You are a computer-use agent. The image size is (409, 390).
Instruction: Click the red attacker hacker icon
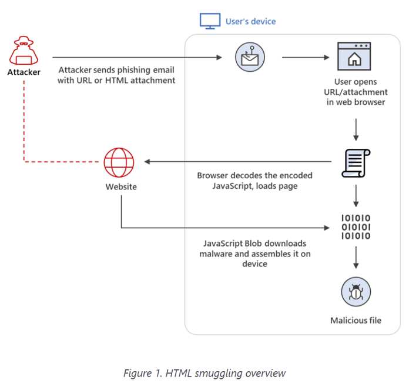(24, 51)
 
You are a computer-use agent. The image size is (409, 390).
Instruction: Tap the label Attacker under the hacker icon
(24, 73)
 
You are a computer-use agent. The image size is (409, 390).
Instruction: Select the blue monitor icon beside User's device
(209, 22)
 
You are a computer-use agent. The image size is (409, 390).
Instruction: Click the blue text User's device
(250, 22)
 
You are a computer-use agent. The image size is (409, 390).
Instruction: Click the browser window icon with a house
(354, 58)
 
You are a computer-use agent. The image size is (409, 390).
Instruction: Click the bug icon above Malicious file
(356, 291)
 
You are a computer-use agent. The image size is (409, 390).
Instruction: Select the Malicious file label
(356, 321)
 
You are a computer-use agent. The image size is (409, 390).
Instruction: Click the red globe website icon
(119, 162)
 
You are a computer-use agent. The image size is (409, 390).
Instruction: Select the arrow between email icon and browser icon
(306, 58)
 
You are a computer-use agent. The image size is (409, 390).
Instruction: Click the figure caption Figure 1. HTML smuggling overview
(204, 373)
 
